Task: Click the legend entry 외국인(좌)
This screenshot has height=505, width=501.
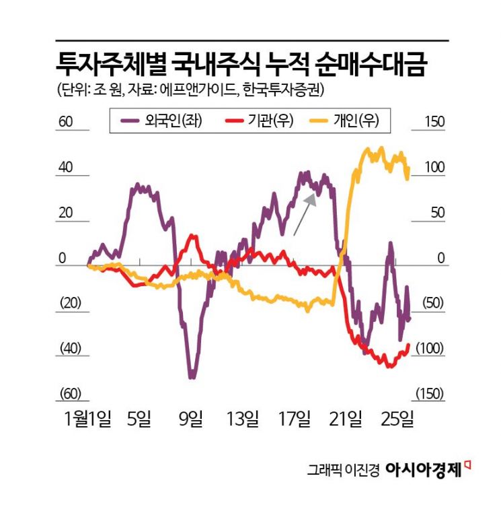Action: click(x=162, y=121)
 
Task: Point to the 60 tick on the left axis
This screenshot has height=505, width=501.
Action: click(x=65, y=123)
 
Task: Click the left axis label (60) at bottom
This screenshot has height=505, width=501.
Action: click(x=70, y=394)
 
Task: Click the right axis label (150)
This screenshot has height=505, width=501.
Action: click(x=430, y=394)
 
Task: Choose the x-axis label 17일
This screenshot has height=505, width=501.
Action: click(x=295, y=419)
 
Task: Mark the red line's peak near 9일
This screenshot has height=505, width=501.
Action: click(x=193, y=236)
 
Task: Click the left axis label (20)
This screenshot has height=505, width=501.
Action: click(x=70, y=303)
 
